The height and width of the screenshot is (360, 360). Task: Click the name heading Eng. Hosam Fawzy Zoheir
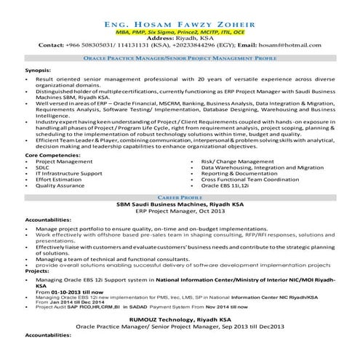coord(180,23)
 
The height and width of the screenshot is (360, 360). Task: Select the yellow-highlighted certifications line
coord(180,33)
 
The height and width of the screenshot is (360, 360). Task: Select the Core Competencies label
coord(55,155)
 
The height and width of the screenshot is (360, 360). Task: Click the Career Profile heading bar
coord(180,197)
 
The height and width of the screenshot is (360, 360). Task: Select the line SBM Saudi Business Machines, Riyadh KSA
coord(180,204)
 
